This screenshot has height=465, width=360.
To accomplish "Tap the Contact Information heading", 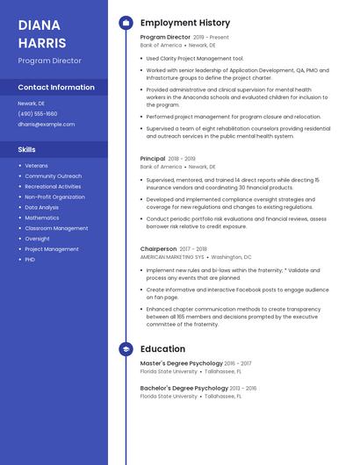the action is coord(56,88).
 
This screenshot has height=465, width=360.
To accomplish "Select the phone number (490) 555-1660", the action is coord(38,114).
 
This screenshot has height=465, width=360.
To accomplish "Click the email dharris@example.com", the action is coord(47,125).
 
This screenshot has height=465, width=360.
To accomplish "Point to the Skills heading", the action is coord(27,150).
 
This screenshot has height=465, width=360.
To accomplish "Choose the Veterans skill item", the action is coord(37,166).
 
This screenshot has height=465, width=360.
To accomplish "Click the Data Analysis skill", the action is coord(42,207).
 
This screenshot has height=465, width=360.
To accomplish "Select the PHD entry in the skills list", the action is coord(30,260).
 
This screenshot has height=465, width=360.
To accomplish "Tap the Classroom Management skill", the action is coord(56,228).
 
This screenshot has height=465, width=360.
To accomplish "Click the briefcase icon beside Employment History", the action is coord(126,23).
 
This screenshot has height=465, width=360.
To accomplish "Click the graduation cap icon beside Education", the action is coord(126,349).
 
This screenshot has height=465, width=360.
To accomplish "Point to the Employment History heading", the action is coord(185,23).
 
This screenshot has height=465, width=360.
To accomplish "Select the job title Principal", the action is coord(153,159).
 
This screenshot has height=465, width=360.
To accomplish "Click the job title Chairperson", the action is coord(159,249).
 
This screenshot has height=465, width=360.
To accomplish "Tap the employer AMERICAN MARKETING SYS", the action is coord(171,258).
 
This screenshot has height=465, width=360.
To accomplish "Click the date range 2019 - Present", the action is coord(211,38).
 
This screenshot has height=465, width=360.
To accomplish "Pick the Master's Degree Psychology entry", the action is coord(180,363).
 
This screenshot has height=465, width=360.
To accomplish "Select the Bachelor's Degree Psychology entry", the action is coord(184,388).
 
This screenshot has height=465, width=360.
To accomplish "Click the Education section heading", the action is coord(162,349).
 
